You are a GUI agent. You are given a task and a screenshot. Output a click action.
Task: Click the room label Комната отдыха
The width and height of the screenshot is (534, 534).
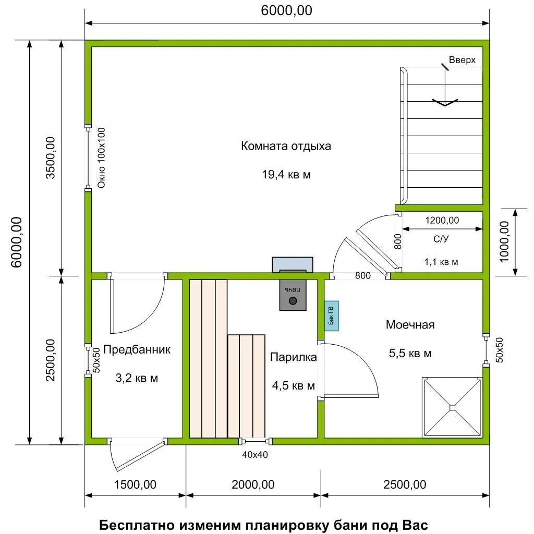point(286,146)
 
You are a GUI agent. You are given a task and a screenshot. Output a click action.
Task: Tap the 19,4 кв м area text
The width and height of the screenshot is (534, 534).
point(286,175)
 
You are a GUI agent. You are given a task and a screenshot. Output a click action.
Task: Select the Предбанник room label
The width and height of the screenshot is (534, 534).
point(137,350)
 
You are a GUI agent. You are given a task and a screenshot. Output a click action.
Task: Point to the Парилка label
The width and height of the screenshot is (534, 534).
point(293,357)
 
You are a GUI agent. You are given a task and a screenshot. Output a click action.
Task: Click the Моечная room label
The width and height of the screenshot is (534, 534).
point(410,324)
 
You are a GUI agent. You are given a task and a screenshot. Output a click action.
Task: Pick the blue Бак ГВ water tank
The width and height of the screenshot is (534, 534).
point(331,316)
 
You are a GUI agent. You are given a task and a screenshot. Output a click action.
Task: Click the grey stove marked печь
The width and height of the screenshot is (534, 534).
point(293,295)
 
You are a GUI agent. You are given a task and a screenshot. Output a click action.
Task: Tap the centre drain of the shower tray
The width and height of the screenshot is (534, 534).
point(452,407)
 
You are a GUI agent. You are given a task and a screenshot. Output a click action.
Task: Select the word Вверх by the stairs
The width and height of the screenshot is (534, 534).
point(462,60)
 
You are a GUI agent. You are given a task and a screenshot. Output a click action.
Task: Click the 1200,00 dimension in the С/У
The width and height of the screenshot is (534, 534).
point(442,221)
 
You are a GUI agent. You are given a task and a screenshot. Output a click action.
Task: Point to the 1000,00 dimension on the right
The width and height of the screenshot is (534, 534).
point(504,242)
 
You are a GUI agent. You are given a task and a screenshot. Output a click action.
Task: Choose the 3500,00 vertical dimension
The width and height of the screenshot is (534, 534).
point(51,157)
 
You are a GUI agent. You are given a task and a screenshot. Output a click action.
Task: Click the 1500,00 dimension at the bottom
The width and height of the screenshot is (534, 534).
point(135,484)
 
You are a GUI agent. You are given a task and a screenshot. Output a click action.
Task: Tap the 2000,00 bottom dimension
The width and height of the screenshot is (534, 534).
point(253,484)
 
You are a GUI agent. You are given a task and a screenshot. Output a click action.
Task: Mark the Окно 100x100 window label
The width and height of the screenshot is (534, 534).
point(102,157)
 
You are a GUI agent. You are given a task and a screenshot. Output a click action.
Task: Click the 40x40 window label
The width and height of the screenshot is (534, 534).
point(254,455)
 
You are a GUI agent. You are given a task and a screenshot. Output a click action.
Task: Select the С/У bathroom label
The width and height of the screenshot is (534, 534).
point(441,239)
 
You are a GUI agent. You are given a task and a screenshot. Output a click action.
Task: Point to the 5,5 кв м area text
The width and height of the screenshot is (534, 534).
point(410,353)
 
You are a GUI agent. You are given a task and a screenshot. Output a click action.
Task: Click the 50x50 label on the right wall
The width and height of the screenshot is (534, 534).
point(499,350)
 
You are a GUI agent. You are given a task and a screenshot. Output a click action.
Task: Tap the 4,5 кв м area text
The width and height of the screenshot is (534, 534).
point(293,385)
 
